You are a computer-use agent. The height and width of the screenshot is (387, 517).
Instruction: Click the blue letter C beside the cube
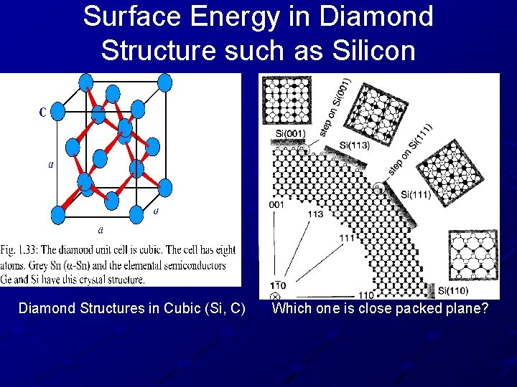point(42,112)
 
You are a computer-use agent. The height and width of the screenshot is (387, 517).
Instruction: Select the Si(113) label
point(354,145)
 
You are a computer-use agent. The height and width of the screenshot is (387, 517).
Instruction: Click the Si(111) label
point(416,193)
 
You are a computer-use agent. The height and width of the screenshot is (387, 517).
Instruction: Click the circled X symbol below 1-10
point(275,297)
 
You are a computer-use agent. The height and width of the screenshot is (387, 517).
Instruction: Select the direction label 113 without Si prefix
point(315,214)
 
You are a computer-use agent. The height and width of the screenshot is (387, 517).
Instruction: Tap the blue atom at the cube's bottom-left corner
point(57,214)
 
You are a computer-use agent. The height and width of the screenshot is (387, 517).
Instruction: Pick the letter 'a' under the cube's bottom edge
point(100,230)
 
